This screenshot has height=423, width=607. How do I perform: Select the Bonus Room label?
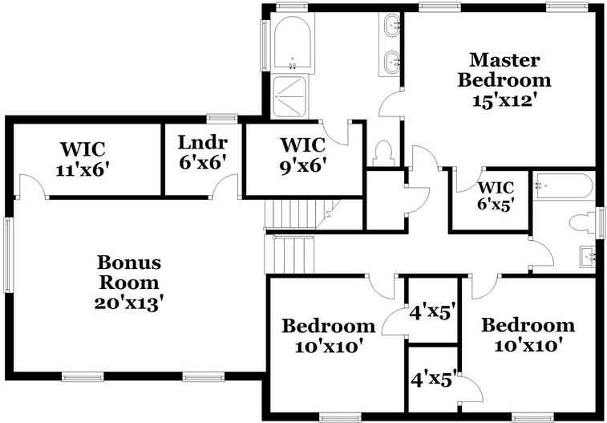129,273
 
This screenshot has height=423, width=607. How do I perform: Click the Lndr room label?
202,143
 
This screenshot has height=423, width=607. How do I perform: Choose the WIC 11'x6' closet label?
83,148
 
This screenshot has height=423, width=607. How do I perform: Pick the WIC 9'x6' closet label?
302,145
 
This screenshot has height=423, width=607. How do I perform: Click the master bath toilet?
382,153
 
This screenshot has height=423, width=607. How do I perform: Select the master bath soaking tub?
292,44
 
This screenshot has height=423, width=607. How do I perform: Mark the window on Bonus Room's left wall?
8,253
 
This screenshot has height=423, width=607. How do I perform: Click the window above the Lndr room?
221,118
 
